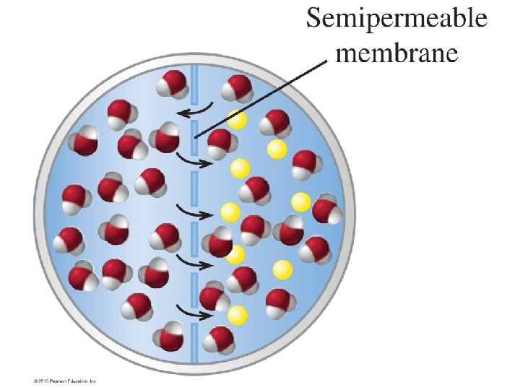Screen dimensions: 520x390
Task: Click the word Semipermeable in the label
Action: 396,19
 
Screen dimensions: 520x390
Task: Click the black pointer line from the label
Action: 260,98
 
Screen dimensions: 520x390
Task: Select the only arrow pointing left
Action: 196,110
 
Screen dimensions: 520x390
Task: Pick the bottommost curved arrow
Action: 194,313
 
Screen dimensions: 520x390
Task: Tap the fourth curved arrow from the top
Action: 195,262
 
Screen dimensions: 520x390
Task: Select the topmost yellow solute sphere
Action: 237,119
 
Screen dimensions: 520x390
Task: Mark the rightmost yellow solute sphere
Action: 301,202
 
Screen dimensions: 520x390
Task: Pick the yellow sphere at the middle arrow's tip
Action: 230,212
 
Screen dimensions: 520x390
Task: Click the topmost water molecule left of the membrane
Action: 173,84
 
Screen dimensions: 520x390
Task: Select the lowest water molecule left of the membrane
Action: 172,338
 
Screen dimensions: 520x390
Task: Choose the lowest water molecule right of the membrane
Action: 219,339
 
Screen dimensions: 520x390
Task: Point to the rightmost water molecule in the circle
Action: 326,210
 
